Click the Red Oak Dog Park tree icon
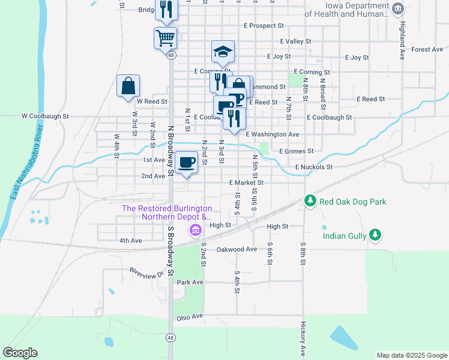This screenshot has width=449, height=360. (310, 201)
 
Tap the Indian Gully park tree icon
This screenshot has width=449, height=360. (376, 235)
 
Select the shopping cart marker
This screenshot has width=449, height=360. (166, 38)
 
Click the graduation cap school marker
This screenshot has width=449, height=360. (223, 52)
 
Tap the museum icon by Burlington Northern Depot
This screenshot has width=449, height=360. (195, 230)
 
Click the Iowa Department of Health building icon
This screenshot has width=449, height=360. (397, 8)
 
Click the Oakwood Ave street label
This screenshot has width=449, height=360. (237, 249)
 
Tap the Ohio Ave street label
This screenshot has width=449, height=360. (190, 316)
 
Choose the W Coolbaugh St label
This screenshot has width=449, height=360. (46, 116)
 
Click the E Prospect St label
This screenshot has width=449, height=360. (264, 26)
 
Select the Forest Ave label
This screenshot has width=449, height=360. (427, 49)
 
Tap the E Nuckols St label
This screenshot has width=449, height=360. (313, 167)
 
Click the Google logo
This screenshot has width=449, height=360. (20, 353)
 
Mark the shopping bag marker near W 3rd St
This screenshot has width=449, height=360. (128, 86)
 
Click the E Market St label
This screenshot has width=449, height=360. (246, 182)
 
